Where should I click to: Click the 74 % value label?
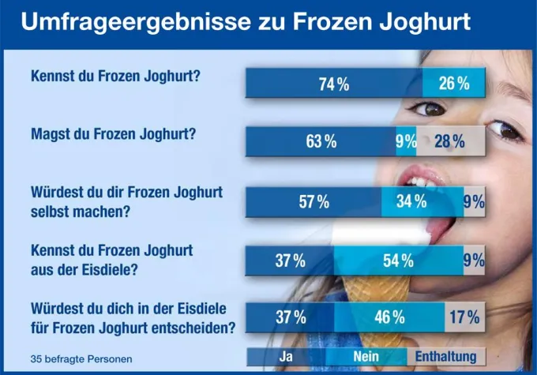(x=334, y=83)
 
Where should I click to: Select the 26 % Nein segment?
(x=453, y=83)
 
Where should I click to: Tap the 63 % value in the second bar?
(x=321, y=142)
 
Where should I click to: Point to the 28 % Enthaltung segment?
(x=449, y=142)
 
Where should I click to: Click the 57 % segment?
(x=314, y=202)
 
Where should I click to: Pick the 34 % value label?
(x=411, y=202)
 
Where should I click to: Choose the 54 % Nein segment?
(x=398, y=261)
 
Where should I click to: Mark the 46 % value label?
(x=389, y=318)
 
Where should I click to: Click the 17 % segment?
(x=464, y=318)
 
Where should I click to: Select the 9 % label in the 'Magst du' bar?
(x=406, y=142)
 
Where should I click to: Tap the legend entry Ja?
(x=287, y=356)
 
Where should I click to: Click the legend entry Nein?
(x=366, y=356)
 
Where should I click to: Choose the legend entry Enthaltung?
(x=445, y=356)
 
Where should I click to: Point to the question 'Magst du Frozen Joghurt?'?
(x=112, y=134)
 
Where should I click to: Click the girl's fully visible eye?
(x=432, y=108)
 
